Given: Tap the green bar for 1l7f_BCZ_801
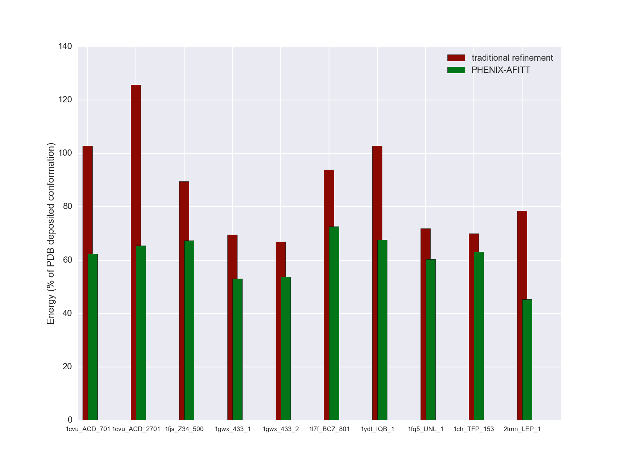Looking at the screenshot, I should [x=334, y=323].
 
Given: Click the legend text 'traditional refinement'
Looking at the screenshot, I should [x=512, y=58].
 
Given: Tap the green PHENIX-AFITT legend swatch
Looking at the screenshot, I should [x=456, y=70].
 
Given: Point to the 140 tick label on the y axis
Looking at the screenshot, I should [x=65, y=47].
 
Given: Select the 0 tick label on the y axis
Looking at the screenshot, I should [x=70, y=420].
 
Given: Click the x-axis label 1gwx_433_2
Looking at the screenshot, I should [x=281, y=429].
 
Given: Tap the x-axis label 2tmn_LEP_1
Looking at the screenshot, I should [x=522, y=429].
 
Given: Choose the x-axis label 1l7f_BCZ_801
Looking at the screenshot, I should [x=329, y=429].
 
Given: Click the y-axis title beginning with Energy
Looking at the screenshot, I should [x=51, y=233].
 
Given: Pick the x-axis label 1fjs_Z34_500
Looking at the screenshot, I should [x=184, y=429].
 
